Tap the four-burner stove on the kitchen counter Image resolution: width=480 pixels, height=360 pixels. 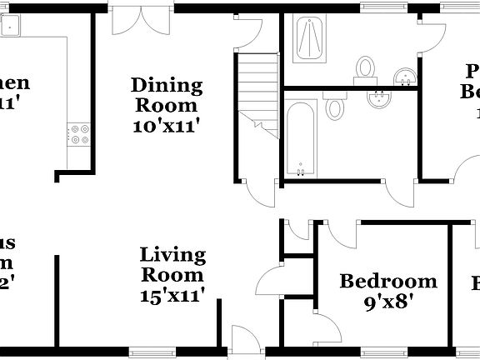tap(77, 133)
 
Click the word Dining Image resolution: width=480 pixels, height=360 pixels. tap(167, 85)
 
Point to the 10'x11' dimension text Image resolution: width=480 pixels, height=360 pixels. tap(167, 126)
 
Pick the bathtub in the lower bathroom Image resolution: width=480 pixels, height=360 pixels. tap(300, 138)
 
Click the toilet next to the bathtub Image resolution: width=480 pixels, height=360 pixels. tap(335, 106)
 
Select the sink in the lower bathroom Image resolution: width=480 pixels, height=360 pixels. tap(379, 100)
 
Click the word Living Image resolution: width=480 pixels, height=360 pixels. tap(172, 253)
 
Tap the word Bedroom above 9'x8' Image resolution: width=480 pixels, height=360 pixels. tap(388, 282)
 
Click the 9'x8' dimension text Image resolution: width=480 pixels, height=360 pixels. tap(388, 302)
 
